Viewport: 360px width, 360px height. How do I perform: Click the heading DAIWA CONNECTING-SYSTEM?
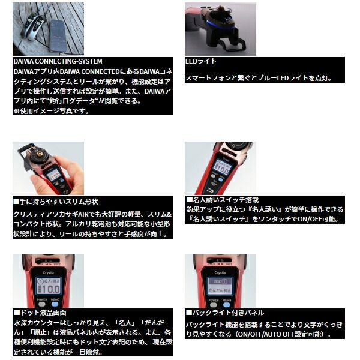[58, 61]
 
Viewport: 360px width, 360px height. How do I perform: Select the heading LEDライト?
[202, 61]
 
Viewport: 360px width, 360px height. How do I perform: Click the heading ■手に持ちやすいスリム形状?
[55, 201]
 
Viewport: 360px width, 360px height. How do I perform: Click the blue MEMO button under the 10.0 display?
[56, 302]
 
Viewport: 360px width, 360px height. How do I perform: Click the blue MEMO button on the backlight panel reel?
[228, 302]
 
